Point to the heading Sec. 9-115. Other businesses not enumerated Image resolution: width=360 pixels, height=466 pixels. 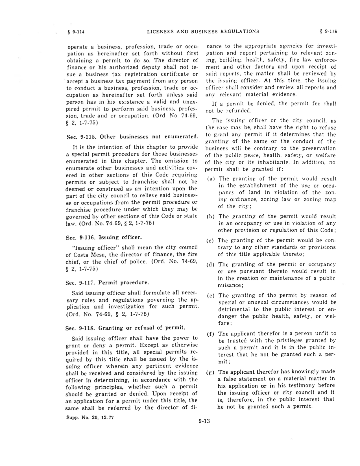click(x=132, y=137)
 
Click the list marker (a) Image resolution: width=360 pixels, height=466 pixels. click(x=211, y=179)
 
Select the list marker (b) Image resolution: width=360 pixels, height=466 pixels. click(x=211, y=217)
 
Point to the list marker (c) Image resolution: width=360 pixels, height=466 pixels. click(x=211, y=241)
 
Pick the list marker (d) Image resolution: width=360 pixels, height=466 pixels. click(x=211, y=265)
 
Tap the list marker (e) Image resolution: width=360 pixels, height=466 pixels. click(x=211, y=296)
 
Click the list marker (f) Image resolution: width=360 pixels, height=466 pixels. click(x=211, y=334)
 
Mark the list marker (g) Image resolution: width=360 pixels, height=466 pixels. click(x=211, y=372)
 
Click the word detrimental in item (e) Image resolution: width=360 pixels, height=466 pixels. click(x=235, y=309)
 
